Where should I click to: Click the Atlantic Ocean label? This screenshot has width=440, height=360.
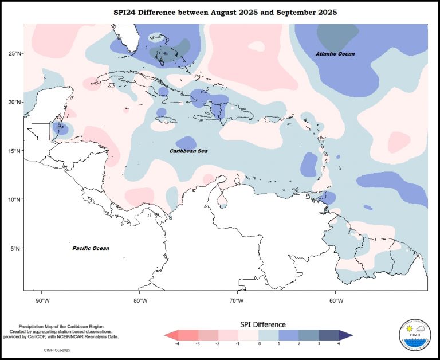click(x=335, y=54)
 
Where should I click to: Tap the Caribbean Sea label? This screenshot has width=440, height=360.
click(x=188, y=151)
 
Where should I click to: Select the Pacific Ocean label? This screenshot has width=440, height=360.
click(x=91, y=248)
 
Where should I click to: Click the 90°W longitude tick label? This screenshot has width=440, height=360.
click(x=42, y=300)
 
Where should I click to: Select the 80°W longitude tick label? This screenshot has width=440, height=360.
click(x=140, y=300)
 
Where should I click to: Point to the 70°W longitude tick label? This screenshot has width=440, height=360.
click(x=237, y=300)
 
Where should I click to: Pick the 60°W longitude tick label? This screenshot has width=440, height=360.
click(x=335, y=300)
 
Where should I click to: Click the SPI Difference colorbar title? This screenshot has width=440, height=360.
click(x=258, y=324)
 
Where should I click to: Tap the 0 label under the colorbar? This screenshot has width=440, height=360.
click(x=259, y=345)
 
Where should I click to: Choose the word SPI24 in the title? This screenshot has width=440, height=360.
click(x=135, y=11)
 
